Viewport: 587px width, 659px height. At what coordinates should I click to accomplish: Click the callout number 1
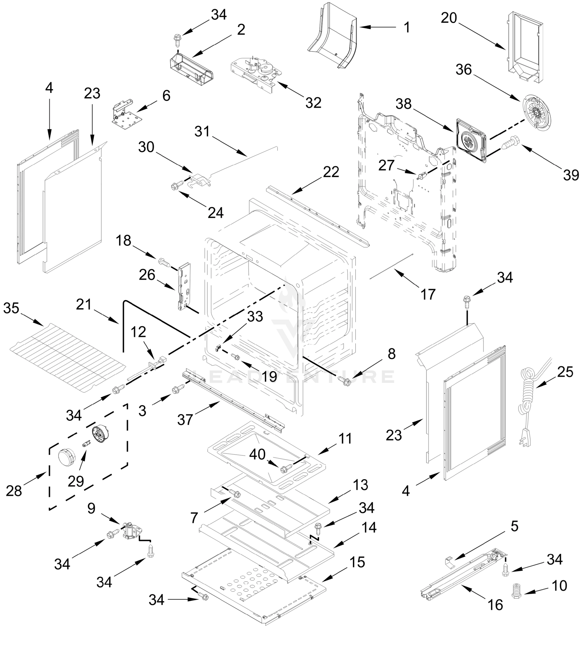[407, 27]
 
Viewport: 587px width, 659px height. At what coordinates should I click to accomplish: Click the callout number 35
[11, 308]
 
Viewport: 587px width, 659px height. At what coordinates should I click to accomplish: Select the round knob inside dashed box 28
[66, 458]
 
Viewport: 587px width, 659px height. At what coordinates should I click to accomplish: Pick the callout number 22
[331, 172]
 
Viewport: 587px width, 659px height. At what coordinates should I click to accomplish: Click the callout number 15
[357, 562]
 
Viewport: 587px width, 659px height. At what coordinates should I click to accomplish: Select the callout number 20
[449, 18]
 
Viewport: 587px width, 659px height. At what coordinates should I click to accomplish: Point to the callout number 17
[428, 294]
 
